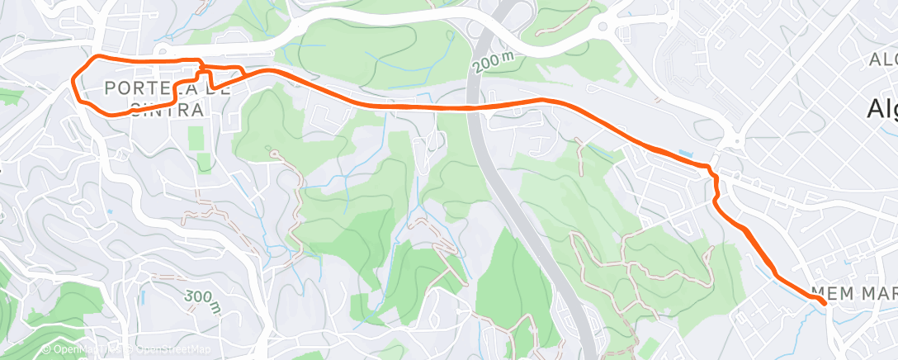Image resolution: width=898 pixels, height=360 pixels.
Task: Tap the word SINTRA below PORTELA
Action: coord(166,109)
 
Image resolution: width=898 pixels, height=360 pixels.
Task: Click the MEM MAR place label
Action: coord(853,293)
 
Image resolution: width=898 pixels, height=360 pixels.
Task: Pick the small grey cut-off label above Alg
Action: coord(882,59)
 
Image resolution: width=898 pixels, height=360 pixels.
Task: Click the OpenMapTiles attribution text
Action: coord(69,349)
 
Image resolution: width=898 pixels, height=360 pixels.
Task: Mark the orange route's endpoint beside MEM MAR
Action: coord(823,303)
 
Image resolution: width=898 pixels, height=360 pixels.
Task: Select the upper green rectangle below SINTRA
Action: coord(196,138)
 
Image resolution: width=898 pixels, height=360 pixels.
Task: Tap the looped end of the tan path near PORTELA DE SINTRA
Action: coord(271,152)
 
